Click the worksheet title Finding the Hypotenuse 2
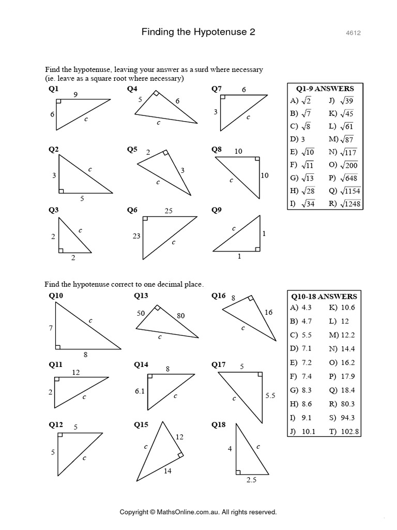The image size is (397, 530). point(198,32)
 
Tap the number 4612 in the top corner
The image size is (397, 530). point(353,33)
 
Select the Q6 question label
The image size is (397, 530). point(132,210)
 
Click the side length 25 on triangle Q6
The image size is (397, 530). point(169,211)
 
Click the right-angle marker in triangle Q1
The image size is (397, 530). point(60,102)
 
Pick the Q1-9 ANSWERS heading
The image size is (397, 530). point(325,89)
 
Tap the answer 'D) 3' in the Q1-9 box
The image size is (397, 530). point(298,139)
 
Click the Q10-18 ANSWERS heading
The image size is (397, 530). point(325,297)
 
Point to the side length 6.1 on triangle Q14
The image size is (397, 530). point(139,391)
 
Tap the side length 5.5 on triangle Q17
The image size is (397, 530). point(270,395)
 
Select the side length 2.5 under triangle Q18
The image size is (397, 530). point(251,480)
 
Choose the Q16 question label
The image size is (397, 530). point(219,296)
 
